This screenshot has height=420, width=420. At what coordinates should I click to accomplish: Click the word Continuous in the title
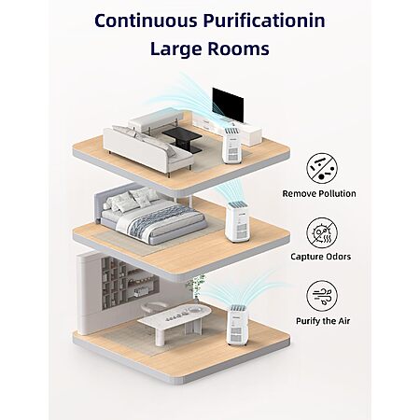click(x=146, y=21)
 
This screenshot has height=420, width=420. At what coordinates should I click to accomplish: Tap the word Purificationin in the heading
click(x=264, y=21)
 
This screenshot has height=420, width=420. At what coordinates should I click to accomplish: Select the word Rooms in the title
click(x=237, y=49)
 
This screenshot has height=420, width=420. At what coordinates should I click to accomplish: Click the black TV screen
click(x=228, y=105)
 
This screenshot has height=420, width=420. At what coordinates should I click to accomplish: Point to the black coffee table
click(x=182, y=140)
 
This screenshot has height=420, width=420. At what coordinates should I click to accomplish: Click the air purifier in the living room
click(x=232, y=146)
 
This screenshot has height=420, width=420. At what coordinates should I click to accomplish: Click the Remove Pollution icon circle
click(x=322, y=168)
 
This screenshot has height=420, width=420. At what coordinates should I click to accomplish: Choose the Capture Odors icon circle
click(x=322, y=233)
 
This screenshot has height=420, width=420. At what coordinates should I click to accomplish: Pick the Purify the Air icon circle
click(x=322, y=296)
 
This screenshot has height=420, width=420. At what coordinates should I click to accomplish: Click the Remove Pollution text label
click(x=319, y=193)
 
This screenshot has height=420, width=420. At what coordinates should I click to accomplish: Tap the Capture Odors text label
click(x=321, y=257)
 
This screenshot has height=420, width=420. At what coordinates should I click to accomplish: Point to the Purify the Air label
click(x=323, y=321)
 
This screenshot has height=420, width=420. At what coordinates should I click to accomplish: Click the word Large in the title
click(x=175, y=49)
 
